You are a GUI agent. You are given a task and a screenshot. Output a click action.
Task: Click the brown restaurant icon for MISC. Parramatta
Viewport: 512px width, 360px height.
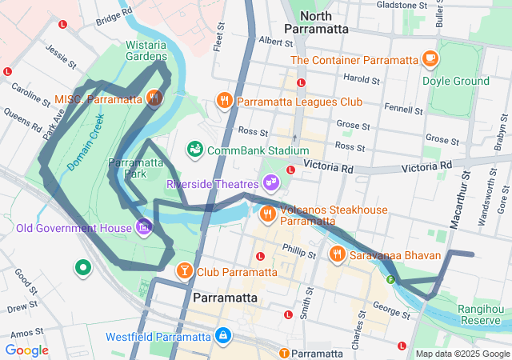click(154, 99)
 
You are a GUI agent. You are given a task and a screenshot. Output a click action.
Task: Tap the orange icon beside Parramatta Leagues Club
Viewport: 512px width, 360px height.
click(224, 101)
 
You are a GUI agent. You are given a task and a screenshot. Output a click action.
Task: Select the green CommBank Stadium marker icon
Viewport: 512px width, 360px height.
click(194, 150)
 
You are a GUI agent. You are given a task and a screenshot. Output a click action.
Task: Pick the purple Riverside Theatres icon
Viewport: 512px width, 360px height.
click(272, 183)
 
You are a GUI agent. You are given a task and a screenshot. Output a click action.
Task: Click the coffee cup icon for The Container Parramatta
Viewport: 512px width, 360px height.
click(430, 59)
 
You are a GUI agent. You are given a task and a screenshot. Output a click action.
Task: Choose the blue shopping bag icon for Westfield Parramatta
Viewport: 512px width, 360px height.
click(224, 335)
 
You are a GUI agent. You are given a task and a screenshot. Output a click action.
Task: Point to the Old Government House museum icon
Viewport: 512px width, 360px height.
click(144, 227)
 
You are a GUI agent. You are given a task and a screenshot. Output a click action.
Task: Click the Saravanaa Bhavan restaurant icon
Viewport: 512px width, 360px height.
click(338, 254)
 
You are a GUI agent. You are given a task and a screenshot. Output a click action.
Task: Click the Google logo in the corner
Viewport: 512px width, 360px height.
click(26, 350)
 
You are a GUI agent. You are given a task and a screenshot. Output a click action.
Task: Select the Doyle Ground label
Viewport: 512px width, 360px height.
click(460, 81)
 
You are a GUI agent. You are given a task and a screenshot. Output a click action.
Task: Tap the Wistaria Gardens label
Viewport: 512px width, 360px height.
click(146, 50)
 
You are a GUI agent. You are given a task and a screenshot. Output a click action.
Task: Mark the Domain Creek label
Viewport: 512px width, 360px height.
click(86, 142)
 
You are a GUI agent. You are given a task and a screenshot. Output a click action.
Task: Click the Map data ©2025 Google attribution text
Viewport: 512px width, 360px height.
click(463, 354)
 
